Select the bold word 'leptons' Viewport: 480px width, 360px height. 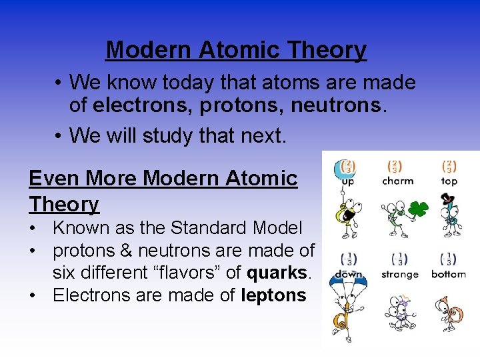pyautogui.click(x=273, y=295)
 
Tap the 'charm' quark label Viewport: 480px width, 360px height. pyautogui.click(x=397, y=181)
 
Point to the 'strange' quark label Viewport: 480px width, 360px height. pyautogui.click(x=399, y=274)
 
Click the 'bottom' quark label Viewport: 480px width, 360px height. pyautogui.click(x=449, y=274)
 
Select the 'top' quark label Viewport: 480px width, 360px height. pyautogui.click(x=449, y=181)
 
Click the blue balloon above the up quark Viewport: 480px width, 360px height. pyautogui.click(x=347, y=169)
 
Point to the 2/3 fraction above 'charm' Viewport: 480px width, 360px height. pyautogui.click(x=396, y=167)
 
